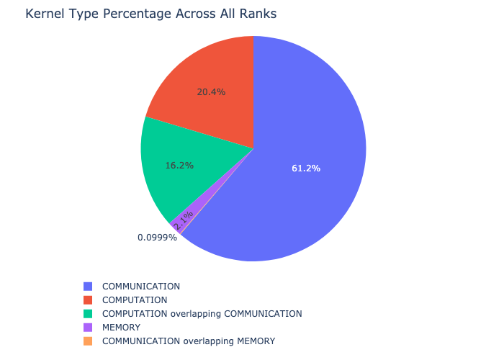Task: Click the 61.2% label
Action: tap(306, 168)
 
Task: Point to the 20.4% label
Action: tap(211, 92)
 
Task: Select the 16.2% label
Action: tap(179, 166)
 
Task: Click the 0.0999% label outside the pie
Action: tap(157, 237)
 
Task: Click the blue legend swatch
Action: tap(88, 287)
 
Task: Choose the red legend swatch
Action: tap(88, 300)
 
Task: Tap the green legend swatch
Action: tap(88, 314)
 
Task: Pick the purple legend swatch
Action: tap(88, 328)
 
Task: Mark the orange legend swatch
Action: tap(88, 341)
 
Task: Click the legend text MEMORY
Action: tap(121, 328)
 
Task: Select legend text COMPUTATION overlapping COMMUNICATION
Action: tap(202, 314)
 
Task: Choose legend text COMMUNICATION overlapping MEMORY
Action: tap(189, 341)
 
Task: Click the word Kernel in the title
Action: tap(45, 14)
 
